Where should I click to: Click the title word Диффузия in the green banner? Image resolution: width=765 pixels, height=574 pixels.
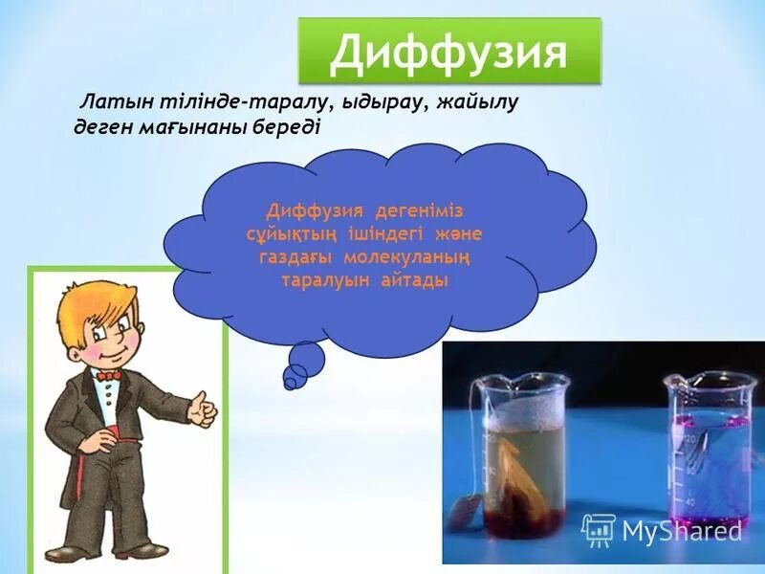pyautogui.click(x=448, y=54)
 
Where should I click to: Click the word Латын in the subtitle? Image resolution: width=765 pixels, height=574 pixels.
pyautogui.click(x=114, y=102)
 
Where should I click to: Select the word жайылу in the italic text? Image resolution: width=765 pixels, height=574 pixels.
pyautogui.click(x=470, y=102)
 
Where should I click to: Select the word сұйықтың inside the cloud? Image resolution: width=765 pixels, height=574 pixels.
pyautogui.click(x=285, y=233)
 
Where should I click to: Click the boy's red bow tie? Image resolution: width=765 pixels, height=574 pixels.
pyautogui.click(x=109, y=376)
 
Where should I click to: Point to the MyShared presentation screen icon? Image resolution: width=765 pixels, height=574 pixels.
pyautogui.click(x=599, y=529)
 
